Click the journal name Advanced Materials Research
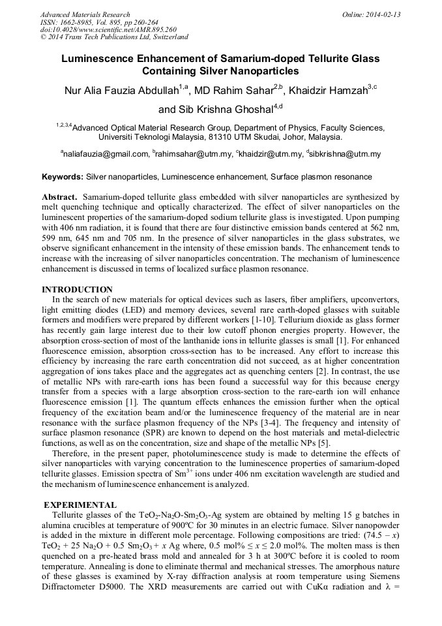coord(85,14)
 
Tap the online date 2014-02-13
coord(385,14)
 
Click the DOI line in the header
coord(108,29)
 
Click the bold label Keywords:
coord(63,177)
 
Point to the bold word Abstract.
coord(60,196)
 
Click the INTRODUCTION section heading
coord(77,290)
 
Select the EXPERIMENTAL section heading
coord(80,505)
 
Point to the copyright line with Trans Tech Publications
coord(114,37)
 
